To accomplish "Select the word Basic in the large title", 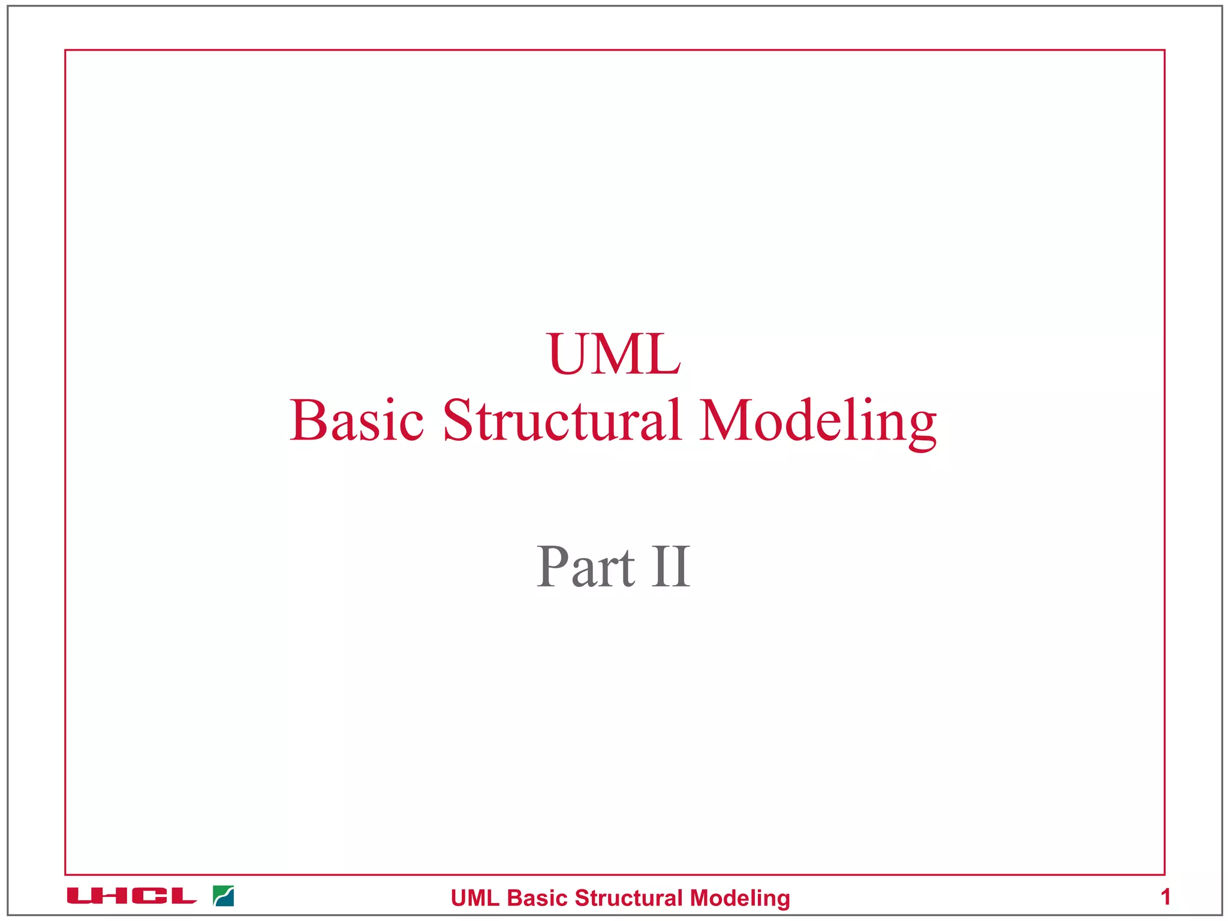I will (357, 420).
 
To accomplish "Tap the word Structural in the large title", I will (562, 420).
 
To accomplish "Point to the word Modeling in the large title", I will (817, 422).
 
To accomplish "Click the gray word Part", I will (585, 567).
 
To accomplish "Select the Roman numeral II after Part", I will (671, 567).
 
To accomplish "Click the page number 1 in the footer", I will (1165, 897).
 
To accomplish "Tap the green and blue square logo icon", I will (224, 896).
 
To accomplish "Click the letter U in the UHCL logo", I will (82, 896).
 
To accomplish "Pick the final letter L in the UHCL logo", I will (179, 896).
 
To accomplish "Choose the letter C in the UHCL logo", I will (148, 896).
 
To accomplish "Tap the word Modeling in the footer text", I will (740, 898).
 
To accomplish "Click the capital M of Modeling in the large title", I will (724, 420).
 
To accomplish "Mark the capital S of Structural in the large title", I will (458, 420).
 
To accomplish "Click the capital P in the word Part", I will (552, 567).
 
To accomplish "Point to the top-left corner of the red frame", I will (65, 50).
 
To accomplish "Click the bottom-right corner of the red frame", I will (1164, 874).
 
